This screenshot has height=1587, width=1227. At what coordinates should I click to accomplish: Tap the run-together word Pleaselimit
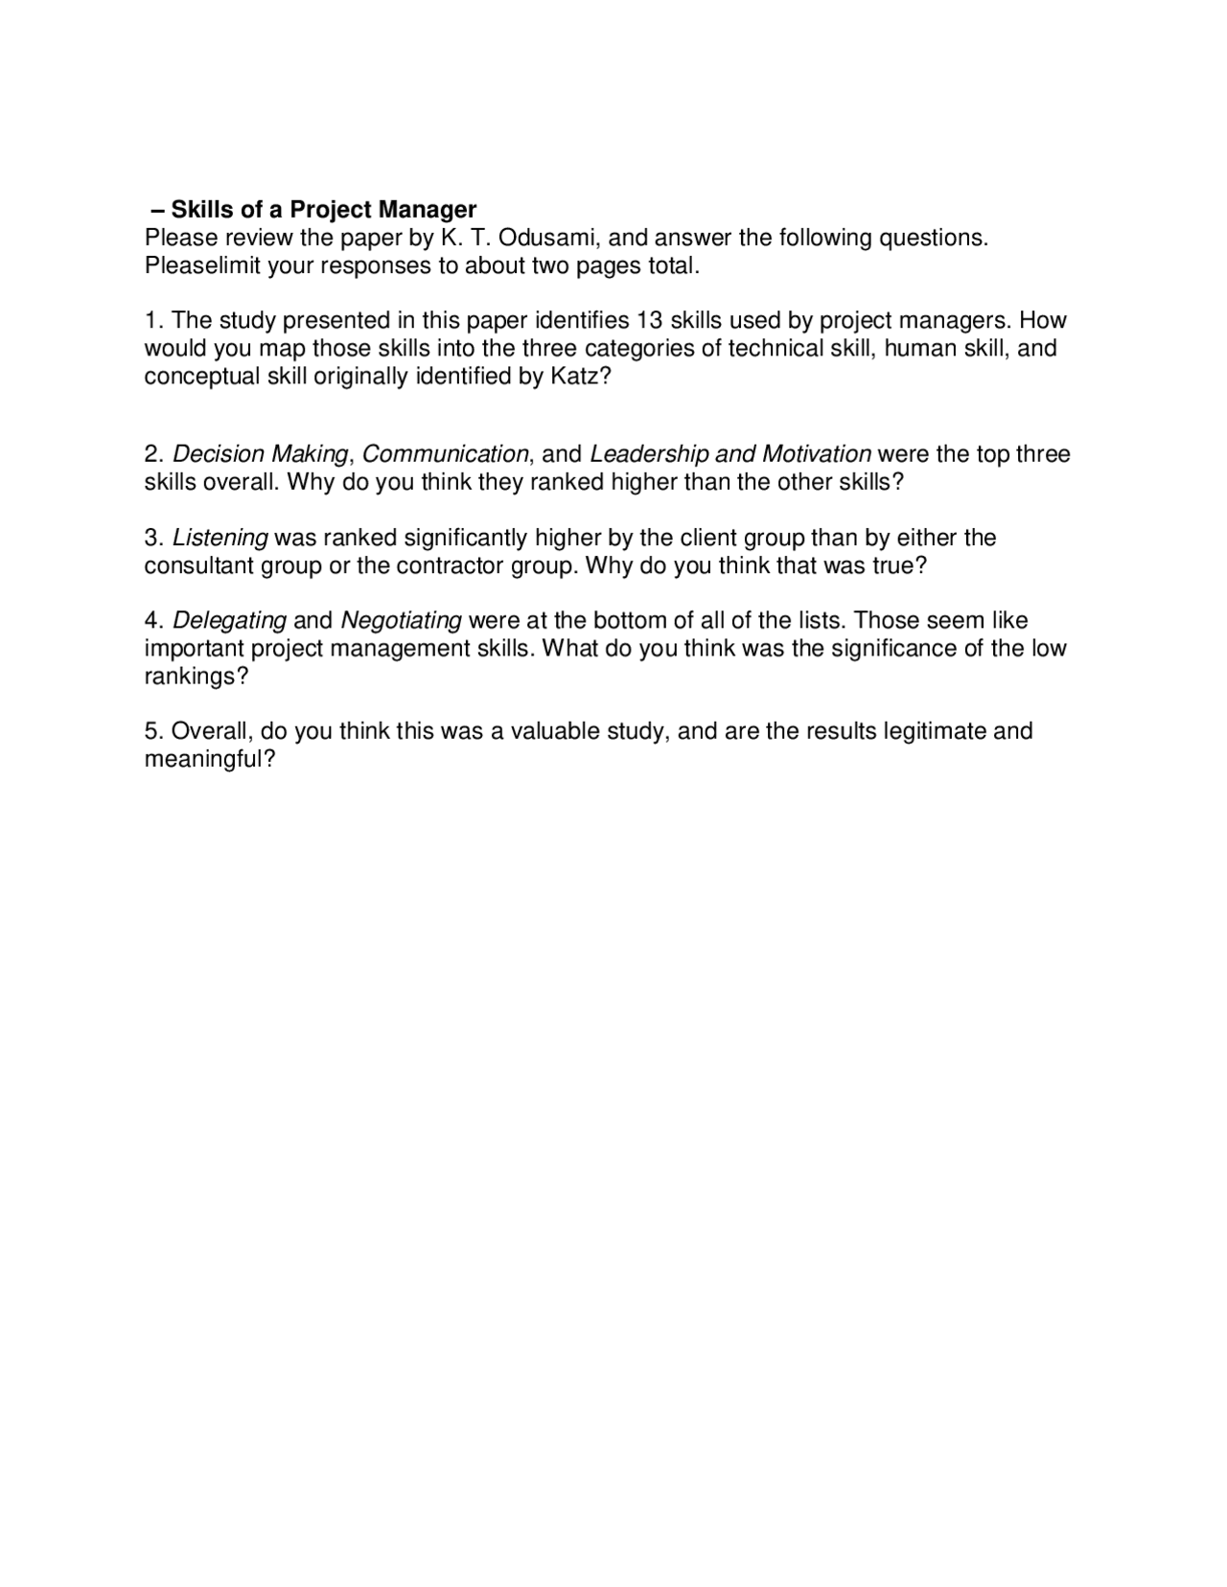click(202, 265)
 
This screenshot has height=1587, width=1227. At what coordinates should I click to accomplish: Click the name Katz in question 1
click(576, 376)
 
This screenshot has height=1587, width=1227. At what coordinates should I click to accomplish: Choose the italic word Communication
click(445, 453)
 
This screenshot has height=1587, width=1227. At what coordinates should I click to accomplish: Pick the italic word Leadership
click(649, 453)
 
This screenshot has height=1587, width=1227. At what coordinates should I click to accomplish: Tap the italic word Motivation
click(817, 453)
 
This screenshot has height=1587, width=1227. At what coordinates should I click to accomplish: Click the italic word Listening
click(220, 537)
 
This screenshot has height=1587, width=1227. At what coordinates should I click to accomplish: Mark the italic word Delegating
click(229, 620)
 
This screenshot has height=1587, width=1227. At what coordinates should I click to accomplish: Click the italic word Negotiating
click(401, 620)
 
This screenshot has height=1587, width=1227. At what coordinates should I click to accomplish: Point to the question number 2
click(150, 453)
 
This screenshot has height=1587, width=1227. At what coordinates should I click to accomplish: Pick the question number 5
click(150, 731)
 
